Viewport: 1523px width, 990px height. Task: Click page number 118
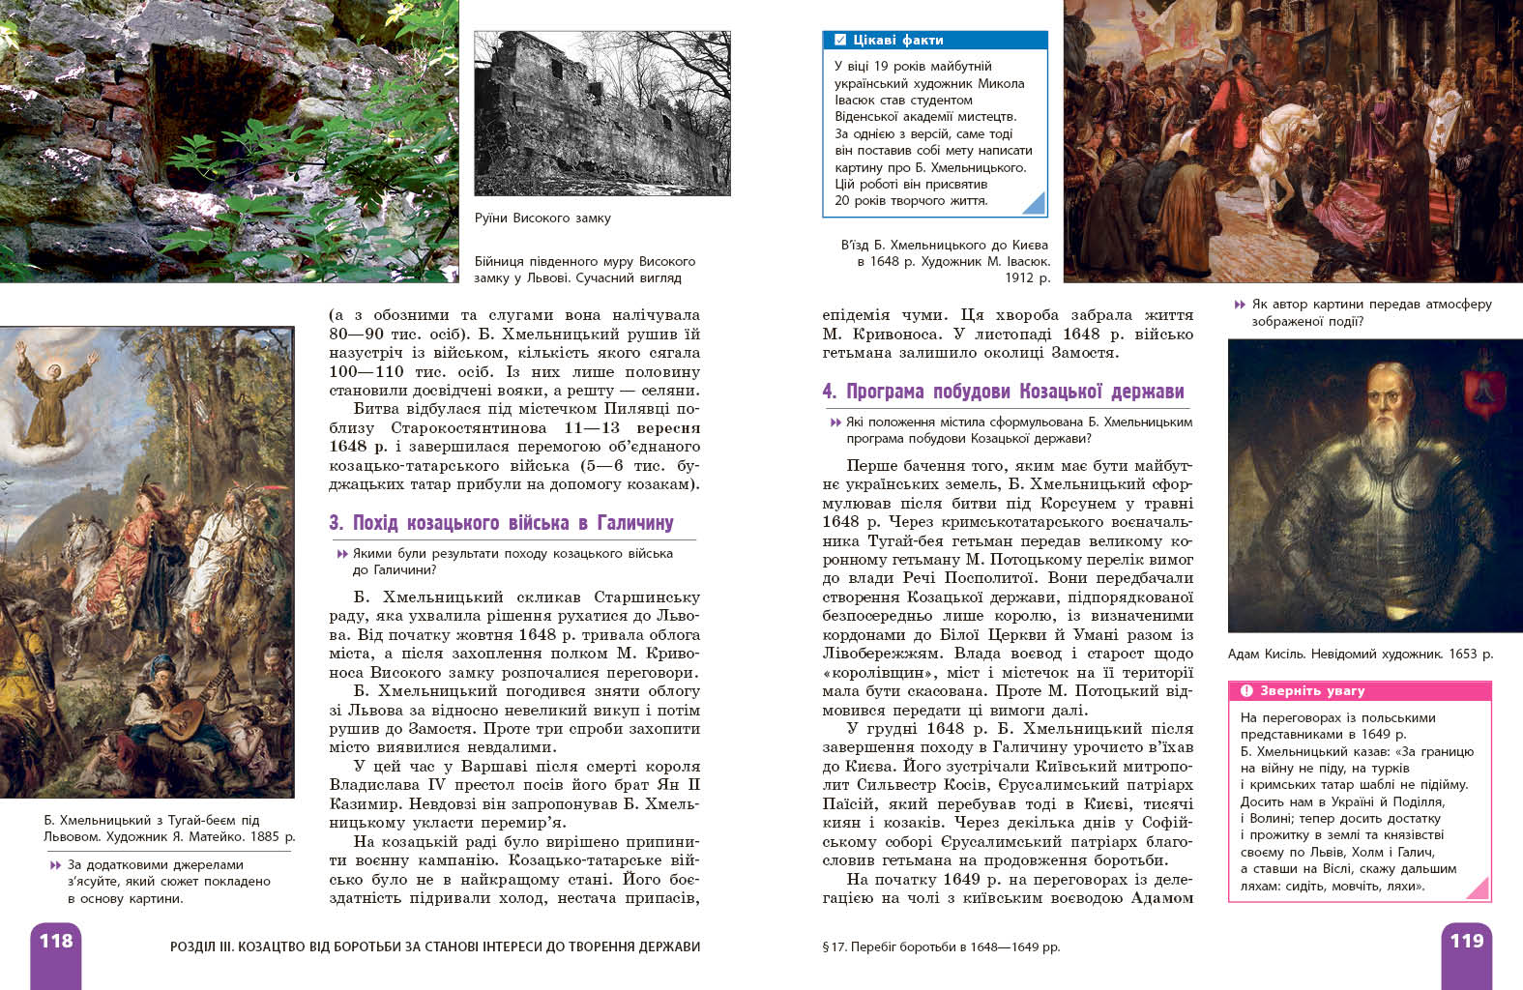(x=56, y=941)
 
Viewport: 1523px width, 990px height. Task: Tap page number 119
(x=1466, y=941)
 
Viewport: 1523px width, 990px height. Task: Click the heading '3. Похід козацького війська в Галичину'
(x=501, y=523)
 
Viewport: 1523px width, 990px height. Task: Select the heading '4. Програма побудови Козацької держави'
(x=1003, y=392)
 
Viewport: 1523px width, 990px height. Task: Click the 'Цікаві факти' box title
(x=898, y=41)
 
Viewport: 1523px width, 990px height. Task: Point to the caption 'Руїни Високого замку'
(x=542, y=218)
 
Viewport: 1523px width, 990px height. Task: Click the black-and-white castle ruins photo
(x=601, y=113)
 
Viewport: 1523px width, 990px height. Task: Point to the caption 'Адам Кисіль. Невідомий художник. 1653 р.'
(x=1360, y=655)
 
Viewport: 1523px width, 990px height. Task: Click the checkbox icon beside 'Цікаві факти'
(x=839, y=41)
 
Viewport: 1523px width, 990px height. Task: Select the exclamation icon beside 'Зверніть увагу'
(x=1246, y=691)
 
